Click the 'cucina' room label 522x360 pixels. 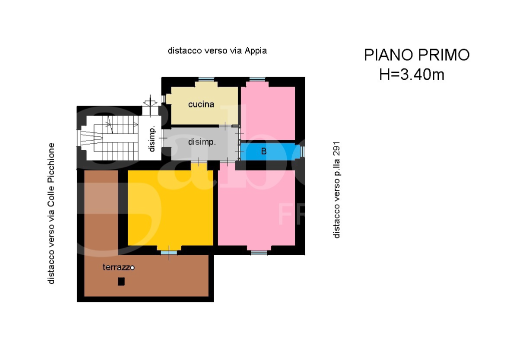click(201, 104)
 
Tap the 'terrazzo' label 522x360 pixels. click(119, 267)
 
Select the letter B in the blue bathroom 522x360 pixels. click(264, 151)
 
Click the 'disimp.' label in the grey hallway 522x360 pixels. click(202, 142)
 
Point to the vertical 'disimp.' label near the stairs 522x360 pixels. click(152, 140)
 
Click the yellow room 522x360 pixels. click(170, 207)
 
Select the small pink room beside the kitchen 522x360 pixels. click(268, 112)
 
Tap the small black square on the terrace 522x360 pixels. click(121, 281)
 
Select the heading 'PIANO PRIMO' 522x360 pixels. click(416, 55)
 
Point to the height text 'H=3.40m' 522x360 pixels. click(411, 75)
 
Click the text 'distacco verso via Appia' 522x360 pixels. click(217, 50)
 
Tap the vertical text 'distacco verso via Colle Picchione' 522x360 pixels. click(51, 213)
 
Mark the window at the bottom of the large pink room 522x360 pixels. click(259, 252)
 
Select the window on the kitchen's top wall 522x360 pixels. click(206, 79)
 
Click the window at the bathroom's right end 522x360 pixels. click(302, 151)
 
